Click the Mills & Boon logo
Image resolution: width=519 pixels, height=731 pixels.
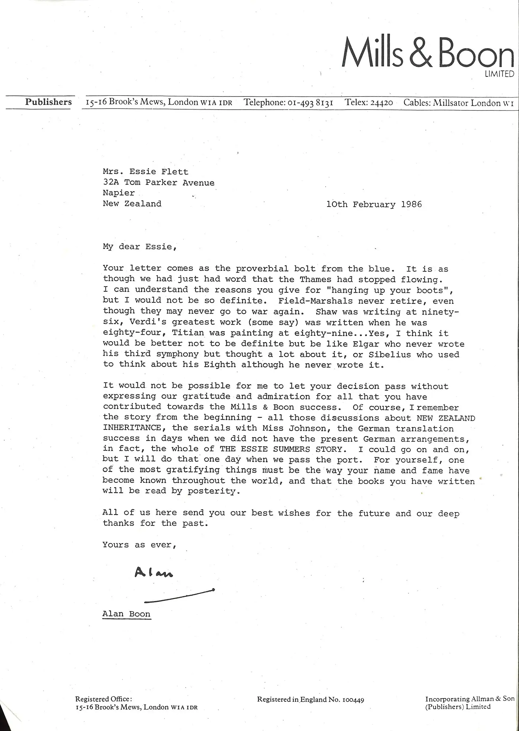coord(428,53)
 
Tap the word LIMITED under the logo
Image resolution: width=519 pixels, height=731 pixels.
coord(499,74)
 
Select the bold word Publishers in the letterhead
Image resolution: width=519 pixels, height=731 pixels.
coord(48,102)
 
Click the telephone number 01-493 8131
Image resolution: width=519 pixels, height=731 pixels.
coord(310,102)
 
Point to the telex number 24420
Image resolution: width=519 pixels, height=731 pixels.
coord(382,103)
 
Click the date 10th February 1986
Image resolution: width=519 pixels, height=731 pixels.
coord(374,204)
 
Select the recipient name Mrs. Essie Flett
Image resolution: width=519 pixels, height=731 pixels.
coord(145,171)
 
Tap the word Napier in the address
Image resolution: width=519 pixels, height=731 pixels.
coord(119,193)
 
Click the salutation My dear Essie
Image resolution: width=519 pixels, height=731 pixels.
coord(140,246)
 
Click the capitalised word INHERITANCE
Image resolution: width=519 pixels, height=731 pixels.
coord(132,428)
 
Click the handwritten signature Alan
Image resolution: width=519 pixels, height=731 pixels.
coord(154,572)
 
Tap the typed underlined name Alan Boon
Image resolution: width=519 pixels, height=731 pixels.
coord(126,614)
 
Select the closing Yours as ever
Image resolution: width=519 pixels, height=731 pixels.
coord(139,545)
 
